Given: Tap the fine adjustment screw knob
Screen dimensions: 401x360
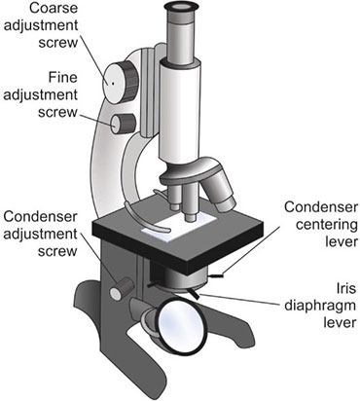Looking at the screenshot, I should click(x=124, y=122).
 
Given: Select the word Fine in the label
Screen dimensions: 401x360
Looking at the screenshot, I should click(x=49, y=76).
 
